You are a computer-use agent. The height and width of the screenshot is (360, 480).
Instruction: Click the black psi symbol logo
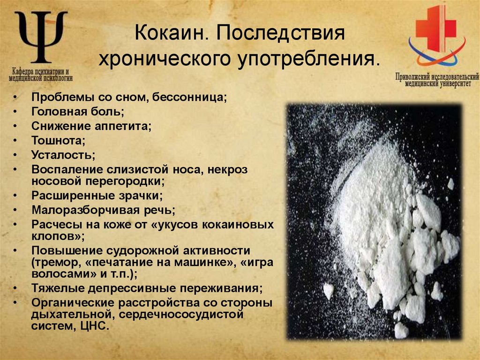pyautogui.click(x=42, y=38)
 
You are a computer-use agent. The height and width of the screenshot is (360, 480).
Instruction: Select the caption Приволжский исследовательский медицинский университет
pyautogui.click(x=437, y=79)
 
